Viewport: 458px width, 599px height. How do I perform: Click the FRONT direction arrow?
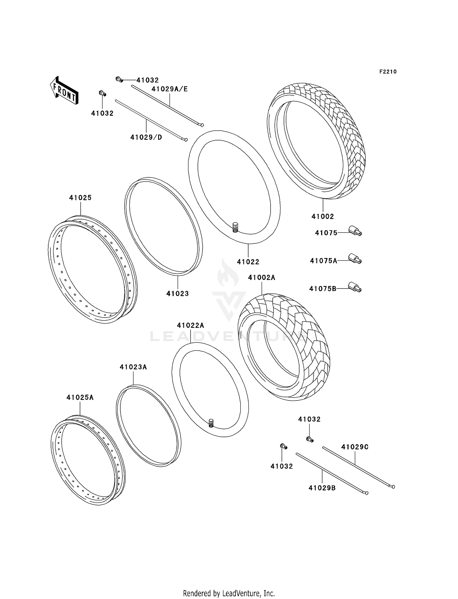[x=64, y=91]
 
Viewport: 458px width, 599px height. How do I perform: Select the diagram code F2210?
[x=388, y=72]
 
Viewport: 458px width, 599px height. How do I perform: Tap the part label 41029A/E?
[x=170, y=89]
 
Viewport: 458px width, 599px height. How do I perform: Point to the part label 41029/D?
[x=146, y=137]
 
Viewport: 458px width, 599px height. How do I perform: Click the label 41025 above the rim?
[x=80, y=198]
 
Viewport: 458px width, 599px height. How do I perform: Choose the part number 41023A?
[x=133, y=367]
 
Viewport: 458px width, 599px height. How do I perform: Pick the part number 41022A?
[x=191, y=325]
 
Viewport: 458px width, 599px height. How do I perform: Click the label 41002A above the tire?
[x=262, y=278]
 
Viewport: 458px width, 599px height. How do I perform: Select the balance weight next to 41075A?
[x=355, y=259]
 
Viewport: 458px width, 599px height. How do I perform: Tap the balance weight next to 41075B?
[x=355, y=287]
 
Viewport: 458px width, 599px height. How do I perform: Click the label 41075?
[x=326, y=233]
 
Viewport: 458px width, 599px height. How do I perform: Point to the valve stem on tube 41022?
[x=235, y=227]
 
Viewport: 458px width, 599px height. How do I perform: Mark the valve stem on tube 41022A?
[x=211, y=423]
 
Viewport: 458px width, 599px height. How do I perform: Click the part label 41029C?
[x=355, y=447]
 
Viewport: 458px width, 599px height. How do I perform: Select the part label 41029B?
[x=322, y=488]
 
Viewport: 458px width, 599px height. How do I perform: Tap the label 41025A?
[x=80, y=398]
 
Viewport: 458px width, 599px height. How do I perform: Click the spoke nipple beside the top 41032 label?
[x=119, y=80]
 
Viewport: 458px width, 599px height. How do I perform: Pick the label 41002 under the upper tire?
[x=323, y=216]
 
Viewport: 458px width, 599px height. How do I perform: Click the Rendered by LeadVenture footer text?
[x=229, y=593]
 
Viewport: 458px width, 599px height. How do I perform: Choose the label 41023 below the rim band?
[x=177, y=294]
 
